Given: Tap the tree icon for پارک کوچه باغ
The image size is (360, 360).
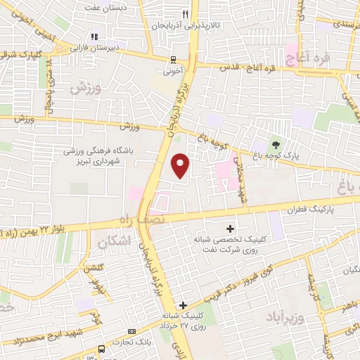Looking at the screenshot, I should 276,143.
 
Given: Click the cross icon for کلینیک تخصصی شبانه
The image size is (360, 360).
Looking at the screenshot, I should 231,228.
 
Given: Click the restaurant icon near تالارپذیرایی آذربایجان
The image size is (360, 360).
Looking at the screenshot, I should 186,13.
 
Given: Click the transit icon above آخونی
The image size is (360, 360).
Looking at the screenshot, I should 174,60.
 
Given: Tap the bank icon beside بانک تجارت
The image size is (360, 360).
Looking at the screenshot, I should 131,332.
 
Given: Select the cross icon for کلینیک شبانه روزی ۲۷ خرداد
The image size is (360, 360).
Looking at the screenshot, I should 184,305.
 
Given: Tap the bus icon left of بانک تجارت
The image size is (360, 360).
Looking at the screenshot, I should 102,348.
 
